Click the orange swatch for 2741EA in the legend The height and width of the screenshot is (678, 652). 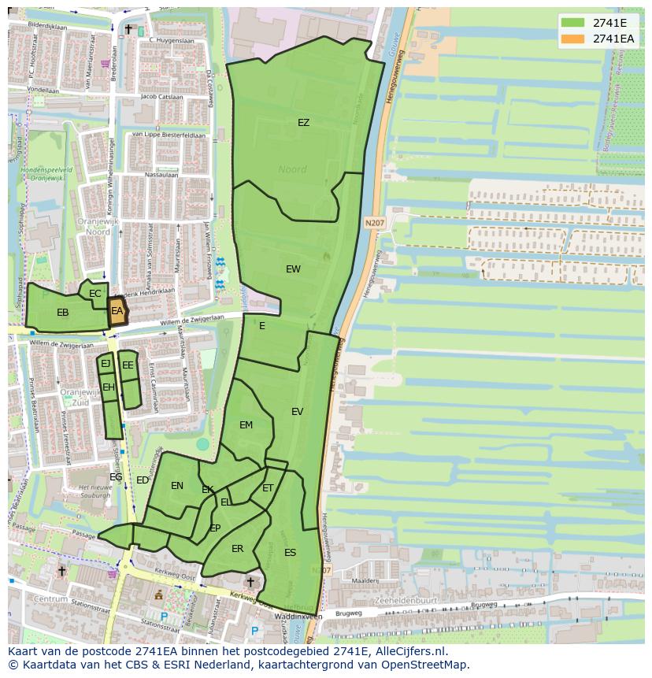[572, 39]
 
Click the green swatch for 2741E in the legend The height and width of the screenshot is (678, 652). [572, 22]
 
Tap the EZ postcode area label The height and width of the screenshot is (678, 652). [303, 123]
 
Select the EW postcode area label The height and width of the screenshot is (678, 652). [293, 269]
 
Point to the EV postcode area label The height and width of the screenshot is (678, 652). [297, 412]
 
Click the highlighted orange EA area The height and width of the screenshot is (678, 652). [117, 311]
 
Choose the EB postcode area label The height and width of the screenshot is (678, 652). [63, 313]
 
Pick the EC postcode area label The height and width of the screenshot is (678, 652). [95, 294]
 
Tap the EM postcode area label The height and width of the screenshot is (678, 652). [246, 425]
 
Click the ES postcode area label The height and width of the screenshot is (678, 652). [290, 553]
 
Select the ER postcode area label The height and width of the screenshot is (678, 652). [237, 549]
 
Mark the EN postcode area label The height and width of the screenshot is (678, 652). [177, 486]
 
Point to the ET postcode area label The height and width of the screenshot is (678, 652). [268, 488]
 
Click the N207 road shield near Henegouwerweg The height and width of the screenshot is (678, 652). [374, 224]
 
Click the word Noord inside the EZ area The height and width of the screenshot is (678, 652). [292, 169]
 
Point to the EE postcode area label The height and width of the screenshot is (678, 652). [128, 365]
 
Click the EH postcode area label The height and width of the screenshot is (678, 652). [109, 387]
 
